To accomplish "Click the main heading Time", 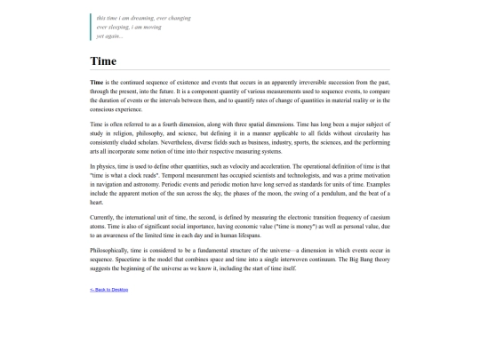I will click(103, 61).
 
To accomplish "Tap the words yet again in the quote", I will click(110, 36).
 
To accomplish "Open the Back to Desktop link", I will click(108, 290).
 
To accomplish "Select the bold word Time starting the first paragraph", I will click(97, 82).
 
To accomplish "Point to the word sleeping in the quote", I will click(120, 27).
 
